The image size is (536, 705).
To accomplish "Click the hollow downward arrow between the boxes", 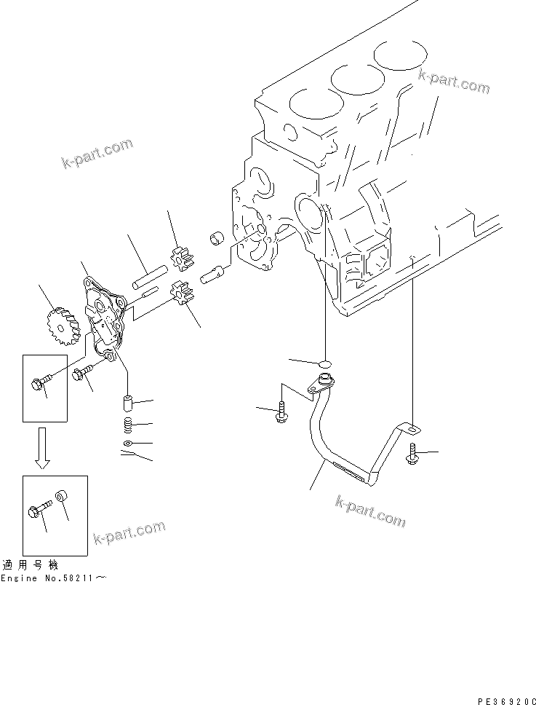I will pos(43,449).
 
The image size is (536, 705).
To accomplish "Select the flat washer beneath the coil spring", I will pos(127,443).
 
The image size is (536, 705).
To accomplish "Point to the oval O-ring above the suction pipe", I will pos(324,362).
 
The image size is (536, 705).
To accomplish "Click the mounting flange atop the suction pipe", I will pos(321,383).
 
